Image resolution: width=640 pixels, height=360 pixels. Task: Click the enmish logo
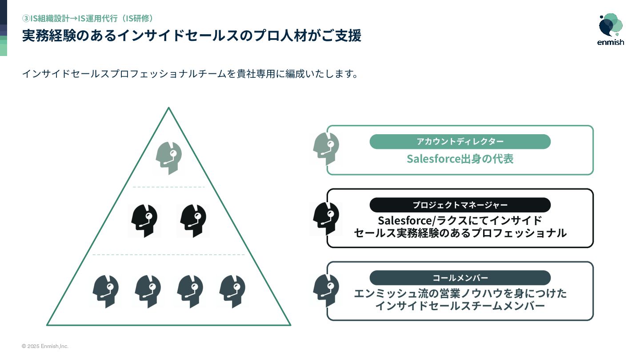point(611,29)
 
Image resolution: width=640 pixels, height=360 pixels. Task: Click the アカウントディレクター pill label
point(460,141)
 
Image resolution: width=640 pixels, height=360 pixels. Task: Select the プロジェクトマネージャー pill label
point(460,205)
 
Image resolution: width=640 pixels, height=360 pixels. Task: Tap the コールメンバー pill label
point(460,278)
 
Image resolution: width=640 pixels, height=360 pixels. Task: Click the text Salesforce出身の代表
point(460,159)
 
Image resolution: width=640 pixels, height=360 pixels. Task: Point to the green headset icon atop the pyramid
point(169,158)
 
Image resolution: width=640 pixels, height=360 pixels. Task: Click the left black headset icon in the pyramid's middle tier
point(144,220)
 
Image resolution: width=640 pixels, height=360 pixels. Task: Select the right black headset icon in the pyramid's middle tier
point(193,220)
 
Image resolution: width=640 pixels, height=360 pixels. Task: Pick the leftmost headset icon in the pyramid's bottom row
point(105,291)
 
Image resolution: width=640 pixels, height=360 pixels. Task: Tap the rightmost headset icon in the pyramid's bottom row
point(232,291)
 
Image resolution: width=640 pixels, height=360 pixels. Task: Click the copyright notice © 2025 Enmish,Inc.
point(45,346)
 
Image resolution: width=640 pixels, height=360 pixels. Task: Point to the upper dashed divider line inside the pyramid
point(169,187)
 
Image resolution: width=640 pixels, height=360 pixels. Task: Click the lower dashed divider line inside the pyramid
point(169,255)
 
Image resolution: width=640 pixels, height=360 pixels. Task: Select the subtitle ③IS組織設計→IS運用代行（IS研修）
point(88,18)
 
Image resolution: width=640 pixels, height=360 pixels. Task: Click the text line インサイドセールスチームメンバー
point(460,306)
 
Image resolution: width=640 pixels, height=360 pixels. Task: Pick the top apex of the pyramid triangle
point(169,108)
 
